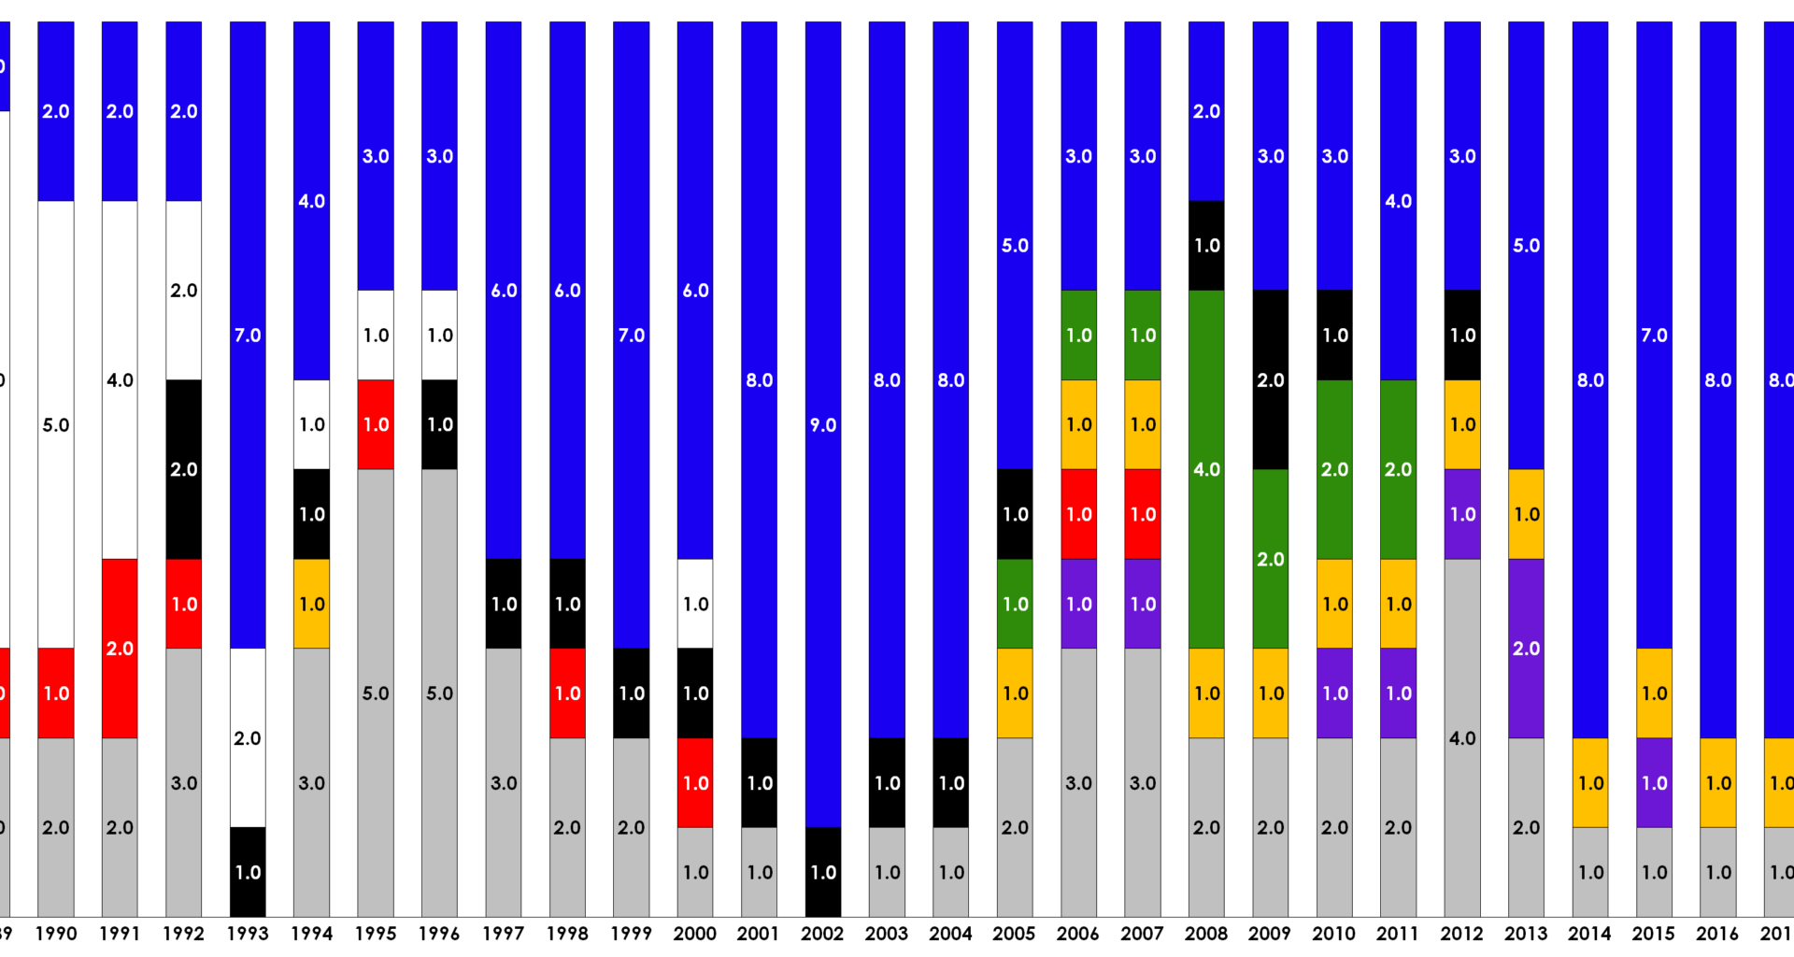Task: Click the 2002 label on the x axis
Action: pyautogui.click(x=822, y=933)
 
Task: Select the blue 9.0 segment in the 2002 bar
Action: pyautogui.click(x=822, y=424)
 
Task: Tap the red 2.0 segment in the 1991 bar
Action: pyautogui.click(x=120, y=649)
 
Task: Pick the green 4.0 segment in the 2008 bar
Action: pyautogui.click(x=1206, y=469)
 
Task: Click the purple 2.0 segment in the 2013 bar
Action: pyautogui.click(x=1526, y=649)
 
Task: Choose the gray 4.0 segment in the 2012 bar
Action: pyautogui.click(x=1462, y=737)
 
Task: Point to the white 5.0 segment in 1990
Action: pyautogui.click(x=56, y=424)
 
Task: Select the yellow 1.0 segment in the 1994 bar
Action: pyautogui.click(x=311, y=604)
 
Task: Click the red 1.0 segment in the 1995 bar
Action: pyautogui.click(x=376, y=424)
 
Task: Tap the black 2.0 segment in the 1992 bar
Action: pyautogui.click(x=183, y=469)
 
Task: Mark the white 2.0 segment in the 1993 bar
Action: pyautogui.click(x=248, y=737)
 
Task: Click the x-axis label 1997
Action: pyautogui.click(x=503, y=933)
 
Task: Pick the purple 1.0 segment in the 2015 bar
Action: pyautogui.click(x=1654, y=782)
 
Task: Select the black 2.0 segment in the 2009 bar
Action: pyautogui.click(x=1270, y=379)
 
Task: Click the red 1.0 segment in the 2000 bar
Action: pyautogui.click(x=695, y=782)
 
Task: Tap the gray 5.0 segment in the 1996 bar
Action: pyautogui.click(x=439, y=693)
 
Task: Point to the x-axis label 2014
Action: pyautogui.click(x=1589, y=933)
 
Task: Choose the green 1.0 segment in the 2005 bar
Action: pyautogui.click(x=1015, y=604)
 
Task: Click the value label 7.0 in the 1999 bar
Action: pyautogui.click(x=631, y=335)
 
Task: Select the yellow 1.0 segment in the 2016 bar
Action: pyautogui.click(x=1717, y=782)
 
